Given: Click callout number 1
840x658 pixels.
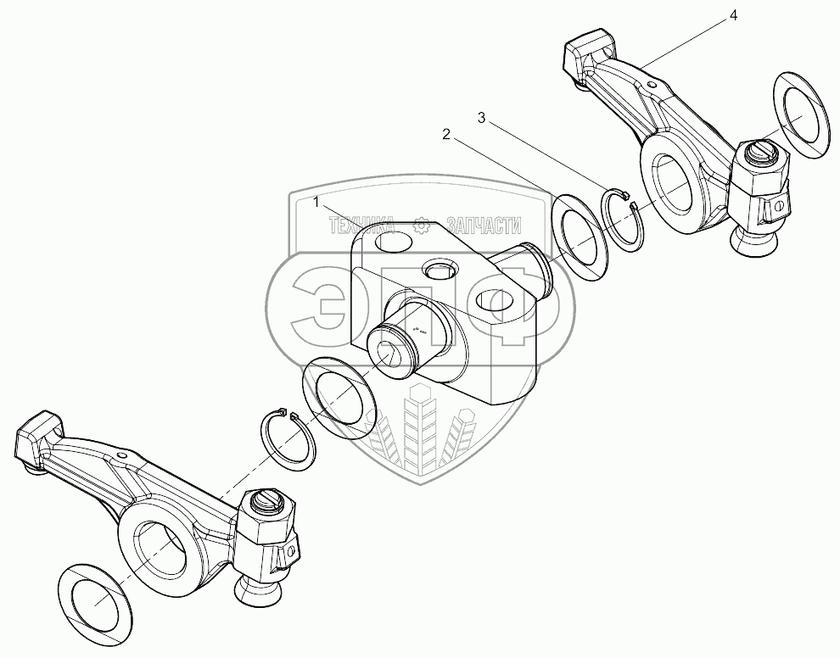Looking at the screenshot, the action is [x=316, y=203].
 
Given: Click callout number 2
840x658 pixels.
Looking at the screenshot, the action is [x=445, y=134].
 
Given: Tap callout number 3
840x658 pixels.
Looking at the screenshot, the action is [x=481, y=119].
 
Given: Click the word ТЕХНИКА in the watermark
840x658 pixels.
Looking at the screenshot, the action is [x=361, y=225].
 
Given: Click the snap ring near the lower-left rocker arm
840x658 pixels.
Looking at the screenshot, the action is [x=287, y=438].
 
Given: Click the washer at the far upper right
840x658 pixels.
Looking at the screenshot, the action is [x=802, y=113].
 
